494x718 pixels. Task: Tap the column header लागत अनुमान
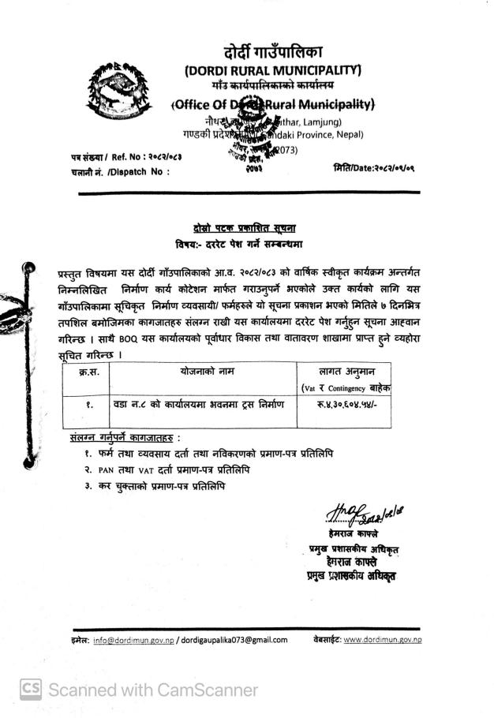point(346,370)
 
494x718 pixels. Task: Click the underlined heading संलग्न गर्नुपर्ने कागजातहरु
point(125,437)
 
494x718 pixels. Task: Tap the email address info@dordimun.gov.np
point(133,639)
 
